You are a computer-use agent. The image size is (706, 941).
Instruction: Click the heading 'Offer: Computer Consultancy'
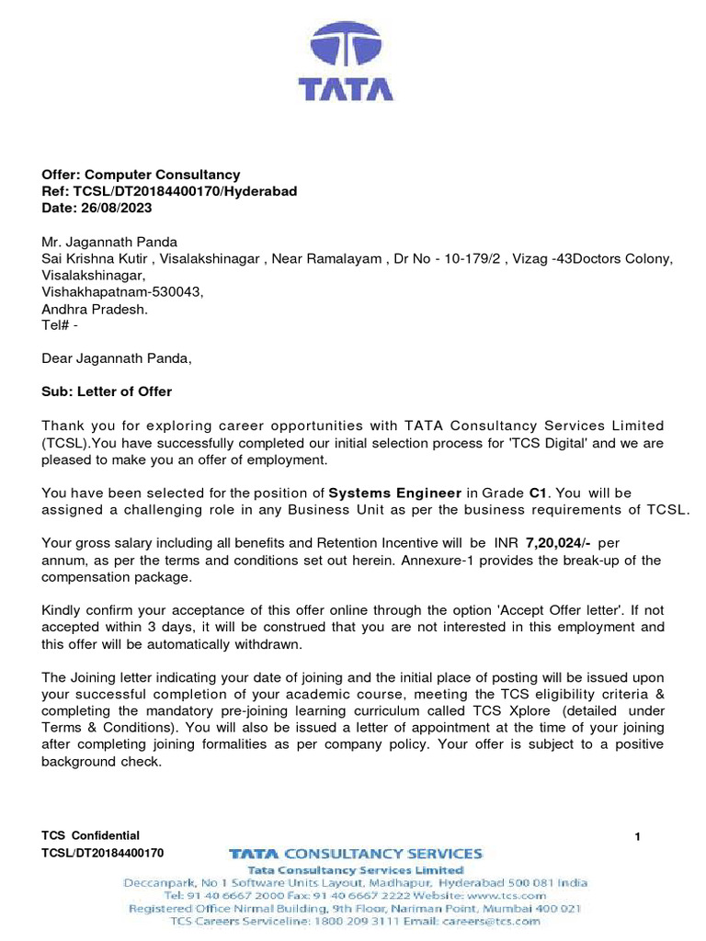(x=141, y=175)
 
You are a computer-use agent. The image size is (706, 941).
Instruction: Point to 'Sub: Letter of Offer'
(x=107, y=391)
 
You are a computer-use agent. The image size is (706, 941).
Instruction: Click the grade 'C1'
(x=539, y=493)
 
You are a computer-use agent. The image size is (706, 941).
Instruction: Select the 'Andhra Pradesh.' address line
(x=95, y=309)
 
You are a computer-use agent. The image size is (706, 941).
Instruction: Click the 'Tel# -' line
(x=66, y=325)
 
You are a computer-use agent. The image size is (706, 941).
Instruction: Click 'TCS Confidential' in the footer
(x=90, y=835)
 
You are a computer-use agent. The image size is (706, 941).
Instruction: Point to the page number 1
(x=638, y=836)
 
